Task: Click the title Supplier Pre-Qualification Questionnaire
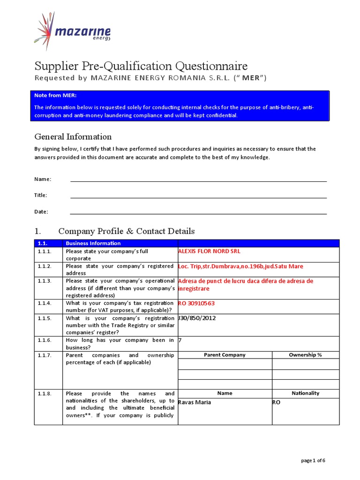click(141, 66)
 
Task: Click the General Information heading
click(73, 137)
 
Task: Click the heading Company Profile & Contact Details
click(126, 231)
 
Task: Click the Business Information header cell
click(93, 243)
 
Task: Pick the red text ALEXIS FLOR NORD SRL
click(209, 251)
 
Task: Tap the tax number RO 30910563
click(196, 303)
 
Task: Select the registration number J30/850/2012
click(197, 318)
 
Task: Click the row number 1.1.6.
click(45, 340)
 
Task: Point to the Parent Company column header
click(225, 355)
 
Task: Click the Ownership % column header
click(305, 355)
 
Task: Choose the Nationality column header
click(305, 393)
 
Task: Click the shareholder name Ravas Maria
click(195, 402)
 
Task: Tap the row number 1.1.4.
click(45, 303)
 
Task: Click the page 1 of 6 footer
click(313, 460)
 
